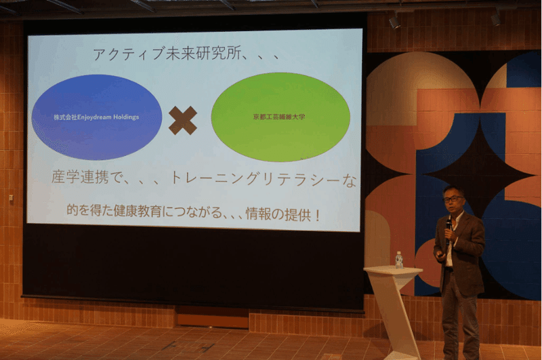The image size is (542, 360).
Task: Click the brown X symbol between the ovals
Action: pyautogui.click(x=183, y=120)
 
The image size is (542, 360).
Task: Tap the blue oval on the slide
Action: pyautogui.click(x=97, y=117)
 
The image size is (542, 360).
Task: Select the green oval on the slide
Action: pyautogui.click(x=280, y=117)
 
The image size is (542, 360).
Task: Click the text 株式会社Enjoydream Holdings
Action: pyautogui.click(x=96, y=117)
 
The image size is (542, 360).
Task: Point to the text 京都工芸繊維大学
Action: pyautogui.click(x=279, y=117)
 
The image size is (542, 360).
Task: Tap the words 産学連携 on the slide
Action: pyautogui.click(x=80, y=177)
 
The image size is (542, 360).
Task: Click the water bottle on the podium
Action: pyautogui.click(x=399, y=260)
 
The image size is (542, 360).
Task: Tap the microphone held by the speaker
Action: pyautogui.click(x=449, y=229)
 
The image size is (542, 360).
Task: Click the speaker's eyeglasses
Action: pyautogui.click(x=453, y=199)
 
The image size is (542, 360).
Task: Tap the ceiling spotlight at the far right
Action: pyautogui.click(x=496, y=18)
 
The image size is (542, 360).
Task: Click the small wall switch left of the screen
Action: pyautogui.click(x=11, y=198)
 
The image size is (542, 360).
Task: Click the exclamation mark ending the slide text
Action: pyautogui.click(x=317, y=216)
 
